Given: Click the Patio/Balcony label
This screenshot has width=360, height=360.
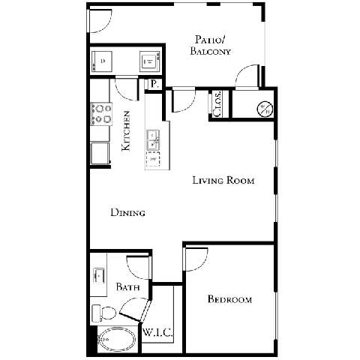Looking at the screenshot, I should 211,45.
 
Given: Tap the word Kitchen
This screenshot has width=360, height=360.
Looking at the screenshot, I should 127,131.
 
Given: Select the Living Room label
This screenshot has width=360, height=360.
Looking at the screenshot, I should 223,180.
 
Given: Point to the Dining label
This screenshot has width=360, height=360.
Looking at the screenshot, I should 127,212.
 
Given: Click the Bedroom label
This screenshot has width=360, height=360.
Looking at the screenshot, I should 229,299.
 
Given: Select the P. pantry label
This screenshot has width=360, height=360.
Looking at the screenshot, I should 154,84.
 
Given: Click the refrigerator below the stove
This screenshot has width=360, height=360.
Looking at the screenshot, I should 99,152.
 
